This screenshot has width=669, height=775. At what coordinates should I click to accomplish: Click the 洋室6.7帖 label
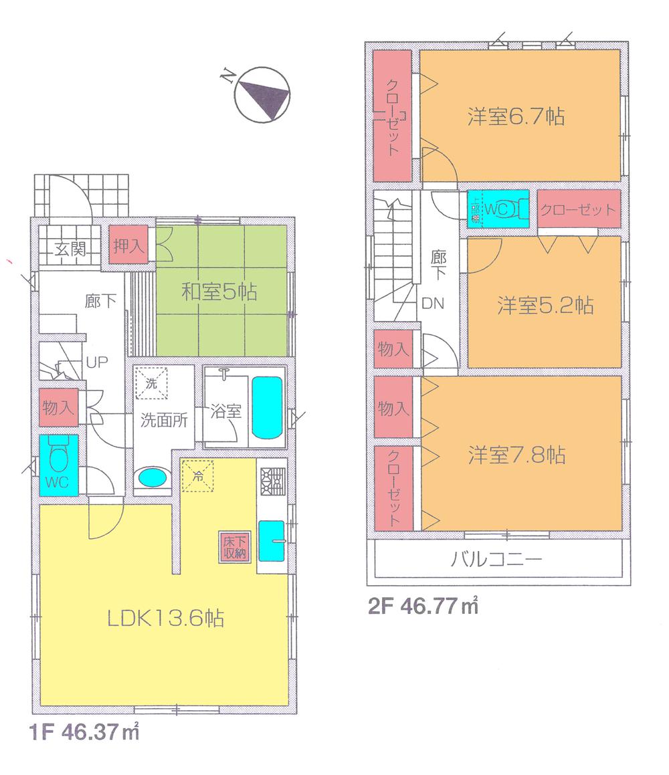tap(515, 117)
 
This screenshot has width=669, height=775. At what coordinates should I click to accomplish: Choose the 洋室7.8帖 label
tap(516, 455)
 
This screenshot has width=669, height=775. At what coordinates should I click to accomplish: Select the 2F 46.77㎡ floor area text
tap(423, 607)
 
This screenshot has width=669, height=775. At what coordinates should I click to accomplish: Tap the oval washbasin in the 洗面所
tap(153, 479)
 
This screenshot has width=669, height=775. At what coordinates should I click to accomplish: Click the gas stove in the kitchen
tap(272, 479)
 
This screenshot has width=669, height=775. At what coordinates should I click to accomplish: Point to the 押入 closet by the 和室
tap(128, 245)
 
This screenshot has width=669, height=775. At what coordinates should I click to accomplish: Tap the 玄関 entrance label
tap(69, 250)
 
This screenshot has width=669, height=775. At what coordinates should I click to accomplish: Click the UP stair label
tap(92, 364)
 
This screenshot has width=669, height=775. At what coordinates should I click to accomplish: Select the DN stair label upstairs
tap(433, 303)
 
